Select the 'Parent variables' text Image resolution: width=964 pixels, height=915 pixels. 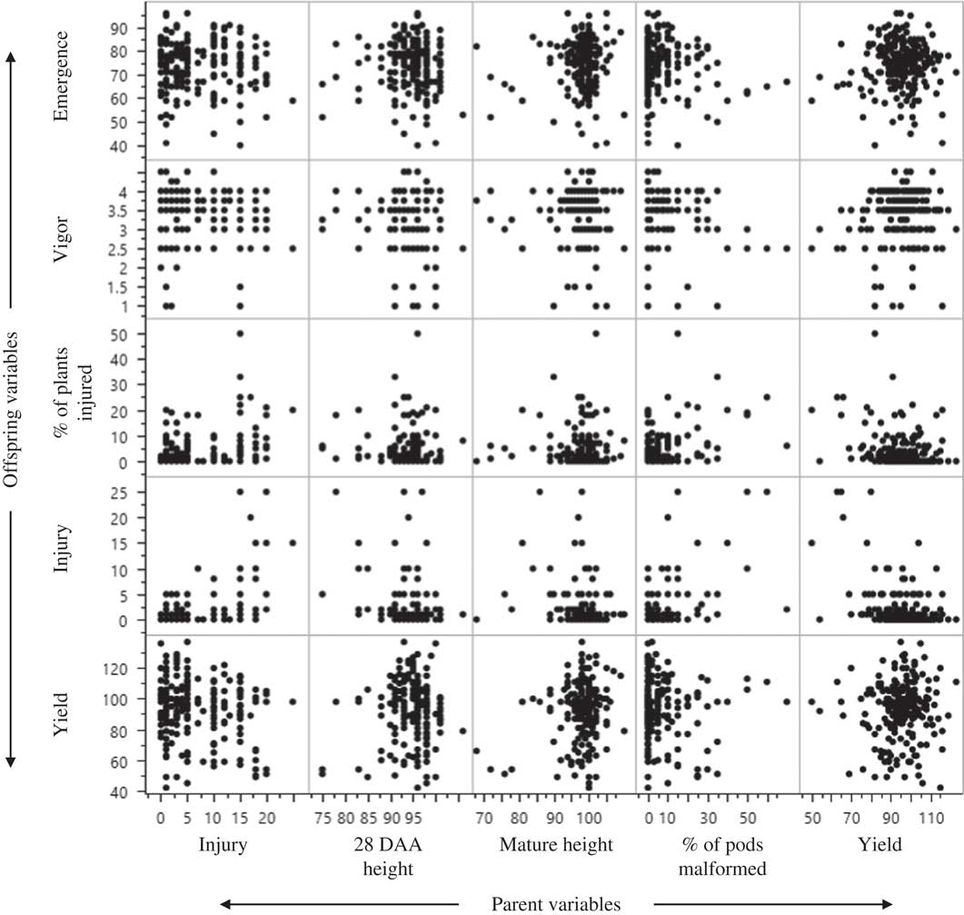point(556,902)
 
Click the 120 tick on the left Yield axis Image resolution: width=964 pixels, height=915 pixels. point(122,669)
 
